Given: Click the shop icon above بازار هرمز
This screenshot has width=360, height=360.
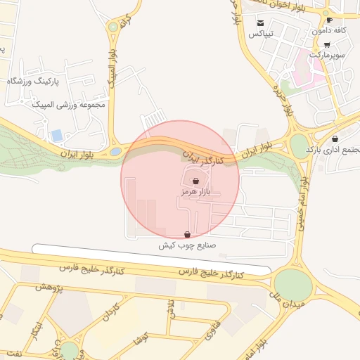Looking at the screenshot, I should [195, 181].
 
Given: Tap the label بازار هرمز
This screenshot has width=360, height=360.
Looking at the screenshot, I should [195, 191].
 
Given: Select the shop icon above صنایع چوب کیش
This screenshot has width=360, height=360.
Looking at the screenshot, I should [187, 235].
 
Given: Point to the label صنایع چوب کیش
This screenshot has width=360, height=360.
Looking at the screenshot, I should [187, 245].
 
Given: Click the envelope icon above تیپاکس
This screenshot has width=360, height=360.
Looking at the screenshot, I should [261, 23].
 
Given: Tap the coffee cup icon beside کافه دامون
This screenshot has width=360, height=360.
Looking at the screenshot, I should [329, 20].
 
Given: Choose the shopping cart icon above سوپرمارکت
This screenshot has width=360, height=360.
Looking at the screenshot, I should [327, 44].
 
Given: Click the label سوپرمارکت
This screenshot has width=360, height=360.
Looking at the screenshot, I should [328, 54].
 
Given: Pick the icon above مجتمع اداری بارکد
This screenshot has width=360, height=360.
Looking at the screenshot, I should [335, 139].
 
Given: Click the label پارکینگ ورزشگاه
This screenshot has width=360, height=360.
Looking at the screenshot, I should [34, 82].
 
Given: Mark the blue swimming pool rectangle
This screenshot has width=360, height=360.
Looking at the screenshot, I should [57, 134].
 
